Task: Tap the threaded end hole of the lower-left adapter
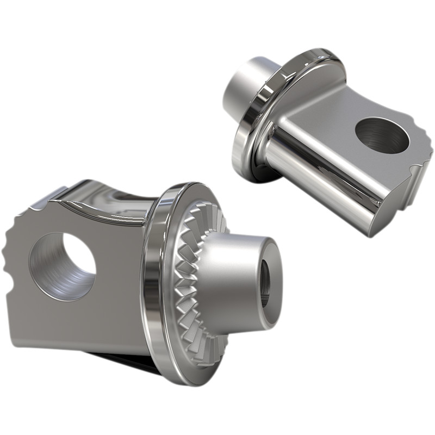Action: tap(267, 283)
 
